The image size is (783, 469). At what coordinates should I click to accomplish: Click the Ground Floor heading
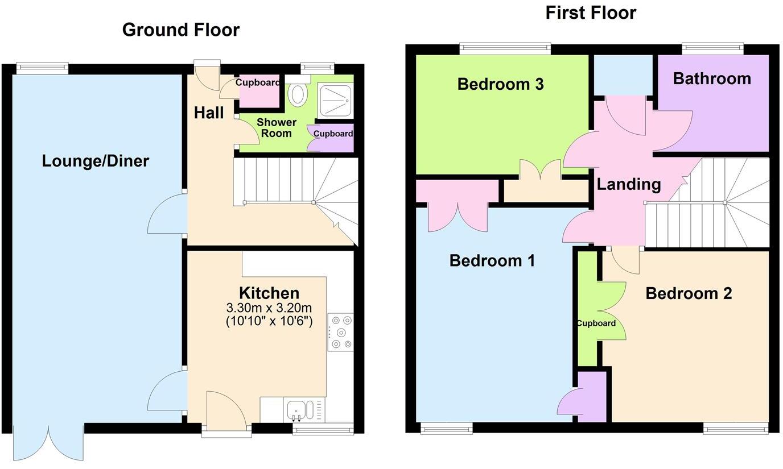(180, 30)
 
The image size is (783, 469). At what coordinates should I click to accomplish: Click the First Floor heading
(590, 12)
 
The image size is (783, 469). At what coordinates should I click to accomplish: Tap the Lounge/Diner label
(95, 161)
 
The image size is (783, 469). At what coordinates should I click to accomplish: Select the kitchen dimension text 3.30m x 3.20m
(269, 308)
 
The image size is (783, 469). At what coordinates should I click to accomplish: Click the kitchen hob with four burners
(340, 332)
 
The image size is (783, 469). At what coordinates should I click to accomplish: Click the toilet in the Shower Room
(297, 94)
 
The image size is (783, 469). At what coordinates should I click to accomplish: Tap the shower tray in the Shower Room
(335, 100)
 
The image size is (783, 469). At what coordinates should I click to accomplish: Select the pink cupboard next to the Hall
(259, 91)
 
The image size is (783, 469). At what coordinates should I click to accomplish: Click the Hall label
(209, 113)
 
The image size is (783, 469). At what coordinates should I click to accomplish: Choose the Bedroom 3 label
(500, 84)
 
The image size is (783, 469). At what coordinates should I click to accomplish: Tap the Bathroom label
(711, 78)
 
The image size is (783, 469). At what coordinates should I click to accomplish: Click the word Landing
(628, 184)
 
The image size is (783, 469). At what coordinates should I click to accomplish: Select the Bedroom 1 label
(492, 260)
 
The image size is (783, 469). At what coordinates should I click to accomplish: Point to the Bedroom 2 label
(689, 293)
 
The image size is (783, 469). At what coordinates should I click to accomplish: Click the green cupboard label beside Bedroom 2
(596, 323)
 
